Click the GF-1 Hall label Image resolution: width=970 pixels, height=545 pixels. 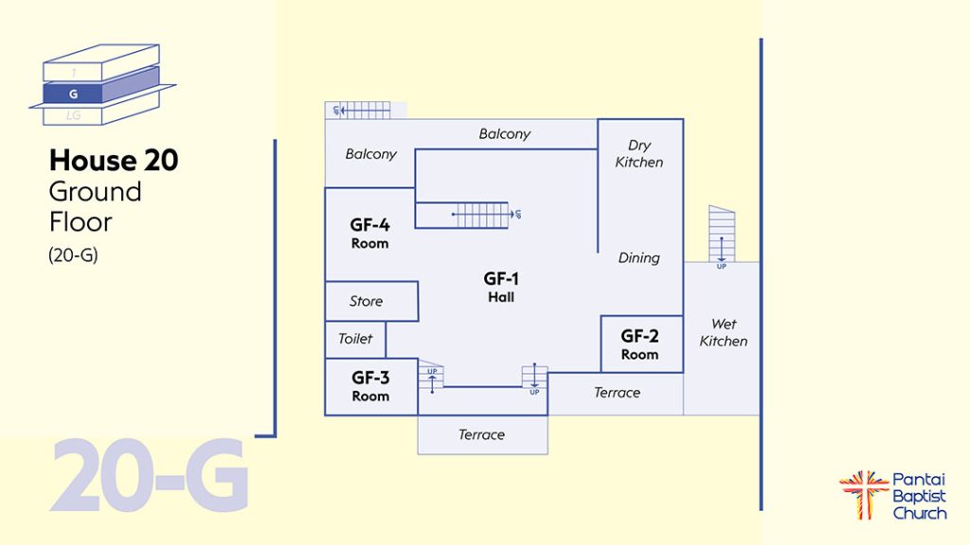tap(501, 287)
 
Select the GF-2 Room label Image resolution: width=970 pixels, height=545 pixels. tap(639, 344)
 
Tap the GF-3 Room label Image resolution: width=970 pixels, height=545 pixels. tap(370, 386)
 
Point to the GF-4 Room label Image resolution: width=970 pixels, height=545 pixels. tap(369, 233)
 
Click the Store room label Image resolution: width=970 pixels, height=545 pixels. tap(367, 302)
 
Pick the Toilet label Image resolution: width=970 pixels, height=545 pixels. tap(355, 339)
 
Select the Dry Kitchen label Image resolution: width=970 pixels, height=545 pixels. tap(639, 153)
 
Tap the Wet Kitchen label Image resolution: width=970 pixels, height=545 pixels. tap(724, 332)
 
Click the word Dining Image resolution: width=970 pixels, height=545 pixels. tap(638, 258)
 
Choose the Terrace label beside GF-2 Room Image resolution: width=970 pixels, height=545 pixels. tap(617, 393)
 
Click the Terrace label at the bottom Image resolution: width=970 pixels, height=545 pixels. tap(481, 435)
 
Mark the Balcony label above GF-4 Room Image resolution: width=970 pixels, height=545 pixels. tap(370, 154)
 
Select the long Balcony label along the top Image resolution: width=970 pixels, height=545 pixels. tap(504, 134)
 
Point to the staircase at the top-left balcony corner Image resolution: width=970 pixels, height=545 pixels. tap(362, 110)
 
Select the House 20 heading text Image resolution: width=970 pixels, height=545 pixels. tap(114, 160)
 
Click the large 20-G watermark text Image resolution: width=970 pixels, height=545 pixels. tap(149, 475)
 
